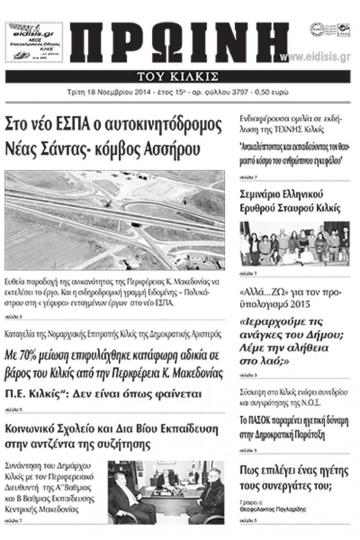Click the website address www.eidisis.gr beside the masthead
tap(322, 57)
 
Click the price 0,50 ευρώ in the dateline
tap(273, 92)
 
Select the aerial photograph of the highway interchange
tap(115, 220)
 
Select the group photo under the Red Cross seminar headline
tap(295, 244)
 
